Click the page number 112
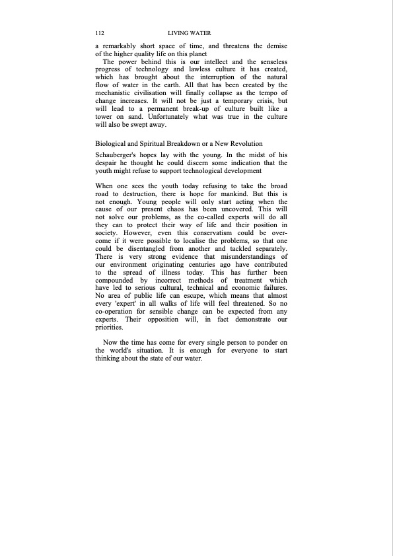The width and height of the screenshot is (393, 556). tap(100, 33)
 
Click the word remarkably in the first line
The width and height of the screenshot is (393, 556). tap(122, 46)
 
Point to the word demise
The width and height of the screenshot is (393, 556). tap(274, 46)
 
